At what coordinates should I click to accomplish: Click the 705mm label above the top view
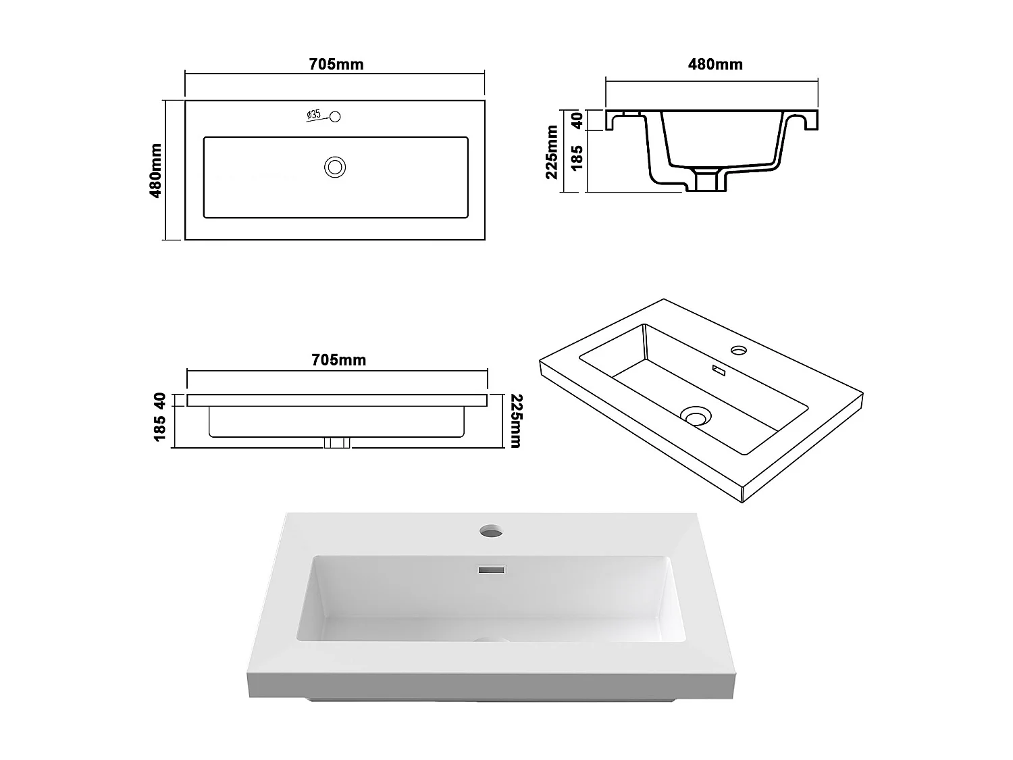coord(336,64)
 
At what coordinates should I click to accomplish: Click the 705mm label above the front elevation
coord(338,360)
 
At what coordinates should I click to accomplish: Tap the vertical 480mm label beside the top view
coord(156,170)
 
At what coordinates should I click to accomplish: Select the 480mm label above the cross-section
coord(715,64)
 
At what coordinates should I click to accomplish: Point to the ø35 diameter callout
coord(313,115)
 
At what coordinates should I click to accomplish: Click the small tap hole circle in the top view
coord(335,116)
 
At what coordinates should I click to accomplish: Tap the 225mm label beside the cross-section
coord(552,152)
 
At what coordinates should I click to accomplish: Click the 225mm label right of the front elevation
coord(515,420)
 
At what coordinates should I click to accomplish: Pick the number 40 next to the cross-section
coord(577,121)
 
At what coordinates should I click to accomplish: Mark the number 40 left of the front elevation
coord(160,400)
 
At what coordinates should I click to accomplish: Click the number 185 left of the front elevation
coord(160,428)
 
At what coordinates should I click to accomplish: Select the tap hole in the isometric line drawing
coord(739,351)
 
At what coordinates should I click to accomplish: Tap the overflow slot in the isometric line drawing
coord(717,370)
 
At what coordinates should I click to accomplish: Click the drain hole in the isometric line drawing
coord(696,415)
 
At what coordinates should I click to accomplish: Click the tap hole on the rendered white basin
coord(492,532)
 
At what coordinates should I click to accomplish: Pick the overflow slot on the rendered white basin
coord(492,570)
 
